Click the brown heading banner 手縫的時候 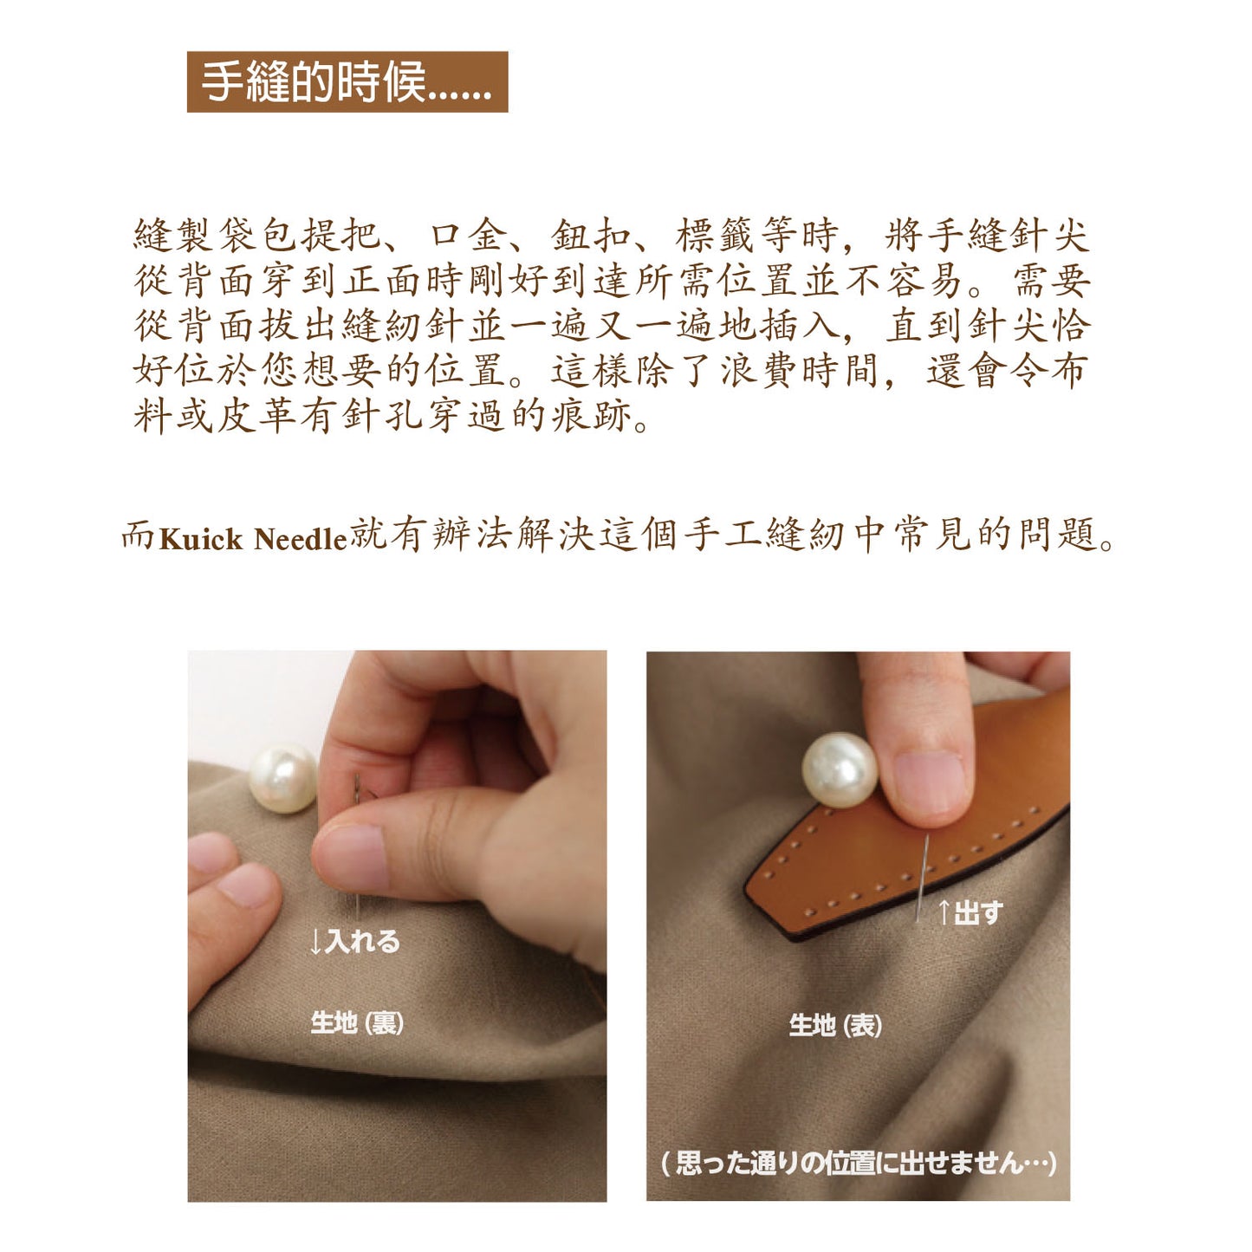(x=347, y=82)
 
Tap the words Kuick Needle (x=252, y=539)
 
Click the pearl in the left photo (x=282, y=778)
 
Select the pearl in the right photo (x=839, y=770)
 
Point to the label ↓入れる (x=355, y=941)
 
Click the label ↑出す (x=970, y=912)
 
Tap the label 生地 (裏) (x=357, y=1022)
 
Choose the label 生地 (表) (x=835, y=1026)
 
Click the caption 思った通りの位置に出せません (x=858, y=1163)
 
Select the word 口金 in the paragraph (x=471, y=235)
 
